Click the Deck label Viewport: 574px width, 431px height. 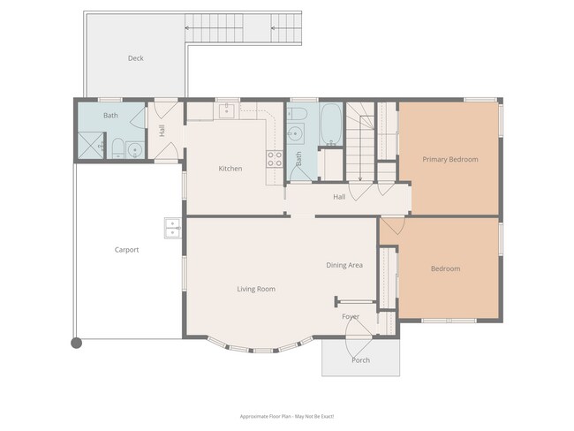[x=135, y=59]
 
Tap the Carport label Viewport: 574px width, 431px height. [x=126, y=250]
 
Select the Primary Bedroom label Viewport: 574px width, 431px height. [x=449, y=160]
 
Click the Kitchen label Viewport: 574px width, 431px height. [x=230, y=169]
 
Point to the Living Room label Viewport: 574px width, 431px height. [x=256, y=289]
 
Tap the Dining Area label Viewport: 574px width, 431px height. [x=345, y=265]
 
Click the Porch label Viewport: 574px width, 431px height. [x=360, y=360]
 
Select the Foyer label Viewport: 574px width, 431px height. [x=351, y=316]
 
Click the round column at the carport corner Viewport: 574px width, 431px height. [x=77, y=343]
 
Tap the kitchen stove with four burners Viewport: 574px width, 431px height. [x=274, y=159]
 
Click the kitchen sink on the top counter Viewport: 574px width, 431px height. [x=227, y=110]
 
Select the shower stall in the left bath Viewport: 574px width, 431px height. [x=90, y=147]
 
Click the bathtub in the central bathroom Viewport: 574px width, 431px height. [x=331, y=125]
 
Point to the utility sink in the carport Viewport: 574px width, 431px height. [x=172, y=229]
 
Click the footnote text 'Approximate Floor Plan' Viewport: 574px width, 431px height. [x=287, y=416]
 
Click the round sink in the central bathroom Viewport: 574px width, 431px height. [x=295, y=135]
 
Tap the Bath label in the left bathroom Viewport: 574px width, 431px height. [x=110, y=116]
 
